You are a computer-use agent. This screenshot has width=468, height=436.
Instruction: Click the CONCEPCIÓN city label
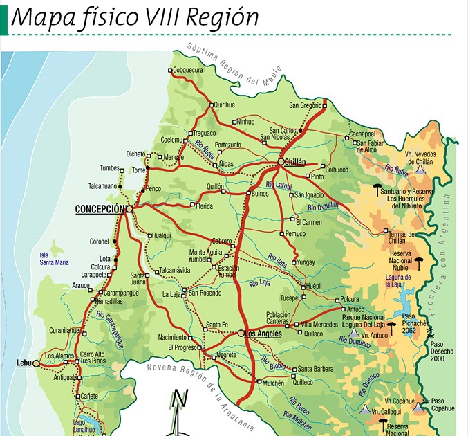pos(100,209)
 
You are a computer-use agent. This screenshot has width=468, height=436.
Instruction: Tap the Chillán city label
pos(295,162)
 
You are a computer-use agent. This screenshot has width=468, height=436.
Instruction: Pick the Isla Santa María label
pos(53,258)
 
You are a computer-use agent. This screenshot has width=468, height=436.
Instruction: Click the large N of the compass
pos(180,400)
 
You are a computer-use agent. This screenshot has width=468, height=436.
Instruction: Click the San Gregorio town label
pos(306,105)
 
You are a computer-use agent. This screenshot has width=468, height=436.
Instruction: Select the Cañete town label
pos(90,396)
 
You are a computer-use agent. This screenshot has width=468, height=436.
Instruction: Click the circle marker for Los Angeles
pos(241,334)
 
